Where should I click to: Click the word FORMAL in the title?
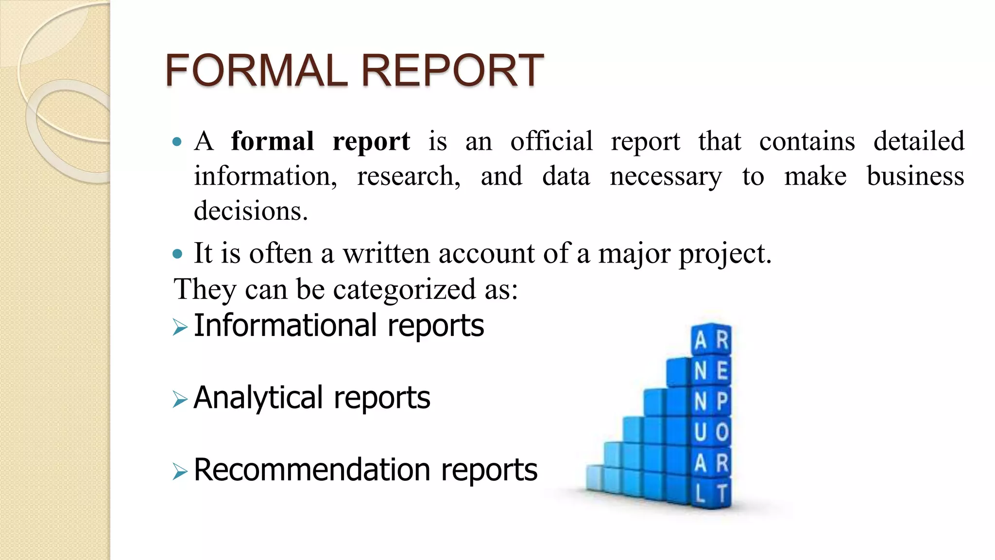point(256,70)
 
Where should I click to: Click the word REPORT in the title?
point(452,70)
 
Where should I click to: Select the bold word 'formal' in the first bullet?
point(272,141)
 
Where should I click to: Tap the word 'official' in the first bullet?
point(551,141)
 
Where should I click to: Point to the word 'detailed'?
point(919,141)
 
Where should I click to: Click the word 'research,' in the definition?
point(409,176)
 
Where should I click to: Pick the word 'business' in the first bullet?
point(915,176)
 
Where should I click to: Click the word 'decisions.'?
point(251,211)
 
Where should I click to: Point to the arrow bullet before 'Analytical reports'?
point(180,400)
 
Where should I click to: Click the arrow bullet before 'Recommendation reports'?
point(180,472)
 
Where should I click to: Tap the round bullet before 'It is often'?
point(177,253)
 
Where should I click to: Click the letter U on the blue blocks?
point(700,432)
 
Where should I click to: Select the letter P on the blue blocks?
point(722,402)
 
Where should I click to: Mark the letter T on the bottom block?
point(722,493)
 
